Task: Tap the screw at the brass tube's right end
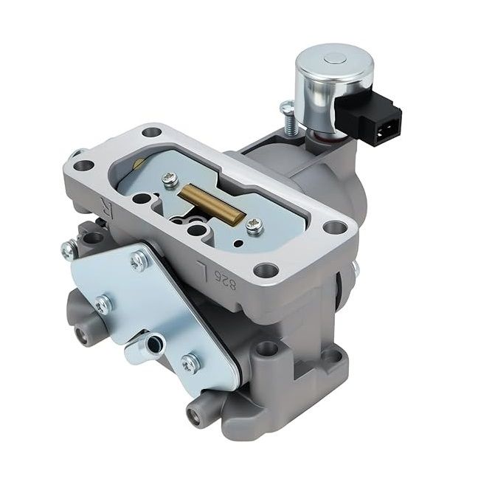pos(254,227)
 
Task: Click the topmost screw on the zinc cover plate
pos(138,259)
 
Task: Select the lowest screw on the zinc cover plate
pos(191,362)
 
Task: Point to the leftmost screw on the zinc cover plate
pos(103,303)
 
